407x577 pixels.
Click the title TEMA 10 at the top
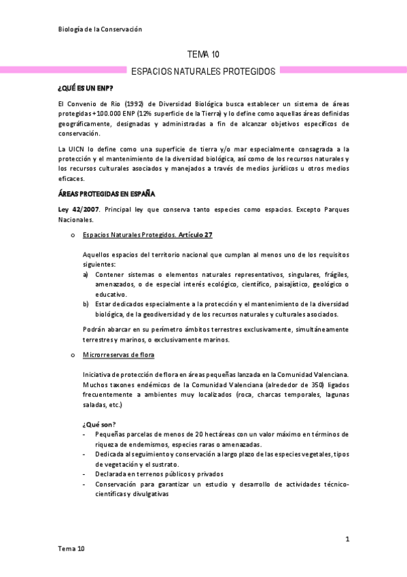pos(203,54)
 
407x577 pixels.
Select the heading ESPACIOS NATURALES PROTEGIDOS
pos(203,71)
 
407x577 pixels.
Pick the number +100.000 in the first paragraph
pos(103,114)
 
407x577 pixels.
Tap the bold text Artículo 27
pos(196,235)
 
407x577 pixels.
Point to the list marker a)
pos(86,274)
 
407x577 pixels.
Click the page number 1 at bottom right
pos(347,540)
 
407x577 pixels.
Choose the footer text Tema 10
pos(71,548)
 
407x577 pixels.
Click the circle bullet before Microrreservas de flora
pos(72,355)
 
